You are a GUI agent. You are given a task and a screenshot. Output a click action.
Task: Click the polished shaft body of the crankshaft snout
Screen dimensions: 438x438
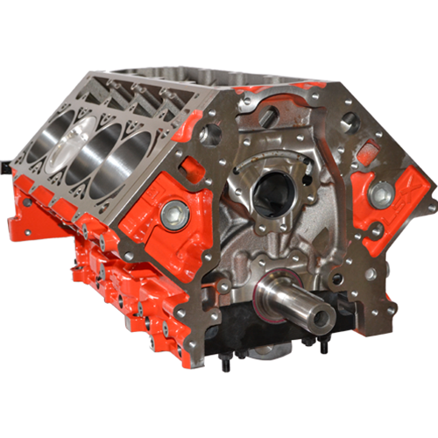click(293, 302)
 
